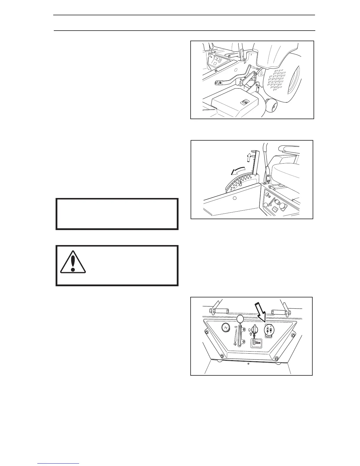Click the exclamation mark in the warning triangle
pos(73,261)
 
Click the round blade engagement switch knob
pos(269,329)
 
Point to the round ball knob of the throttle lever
pos(240,319)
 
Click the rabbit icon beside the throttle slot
pos(236,327)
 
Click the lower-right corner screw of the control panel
pos(276,358)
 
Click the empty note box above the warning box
pos(117,214)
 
